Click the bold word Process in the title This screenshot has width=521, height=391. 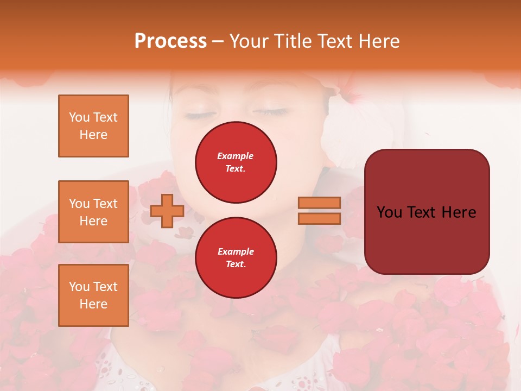coord(170,41)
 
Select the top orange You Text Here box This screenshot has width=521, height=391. coord(93,126)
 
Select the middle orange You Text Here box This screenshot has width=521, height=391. coord(93,212)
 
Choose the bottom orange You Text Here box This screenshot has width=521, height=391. coord(93,295)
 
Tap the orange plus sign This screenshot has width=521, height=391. coord(167,211)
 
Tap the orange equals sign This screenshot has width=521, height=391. coord(320,211)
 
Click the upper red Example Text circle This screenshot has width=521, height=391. coord(236,162)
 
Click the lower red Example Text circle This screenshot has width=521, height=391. coord(236,257)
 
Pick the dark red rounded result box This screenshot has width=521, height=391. coord(427,212)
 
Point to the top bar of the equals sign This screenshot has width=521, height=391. coord(320,203)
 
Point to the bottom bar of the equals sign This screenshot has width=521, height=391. coord(320,218)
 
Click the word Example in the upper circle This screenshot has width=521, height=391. coord(236,156)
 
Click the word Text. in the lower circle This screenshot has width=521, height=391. coord(236,264)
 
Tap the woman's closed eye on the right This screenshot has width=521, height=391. coord(270,112)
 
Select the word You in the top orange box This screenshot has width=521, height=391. coord(79,117)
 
